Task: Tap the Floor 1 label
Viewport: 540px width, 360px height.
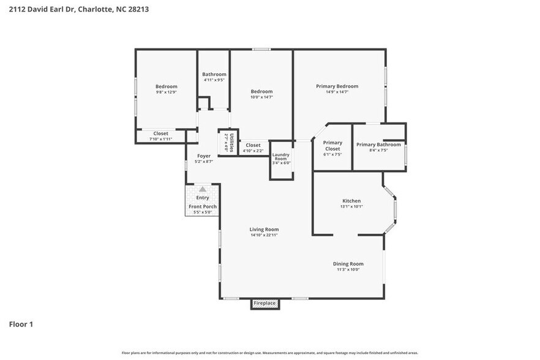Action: click(x=21, y=324)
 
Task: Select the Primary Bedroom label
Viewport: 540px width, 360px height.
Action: click(x=337, y=86)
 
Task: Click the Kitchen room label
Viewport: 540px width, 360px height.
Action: click(x=351, y=201)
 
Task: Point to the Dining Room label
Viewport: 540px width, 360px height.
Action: click(x=348, y=264)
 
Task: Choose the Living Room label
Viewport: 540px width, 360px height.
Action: click(x=264, y=230)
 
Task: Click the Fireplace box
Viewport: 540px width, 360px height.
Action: click(x=264, y=304)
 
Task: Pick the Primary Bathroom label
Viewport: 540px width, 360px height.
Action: click(x=378, y=144)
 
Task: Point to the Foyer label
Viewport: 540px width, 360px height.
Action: click(x=203, y=156)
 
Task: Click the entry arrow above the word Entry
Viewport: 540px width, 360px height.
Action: click(x=202, y=189)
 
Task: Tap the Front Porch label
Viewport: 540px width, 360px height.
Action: click(x=202, y=206)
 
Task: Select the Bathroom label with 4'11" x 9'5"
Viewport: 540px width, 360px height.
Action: click(x=214, y=74)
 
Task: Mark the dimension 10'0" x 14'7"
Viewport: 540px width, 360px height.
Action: click(x=261, y=97)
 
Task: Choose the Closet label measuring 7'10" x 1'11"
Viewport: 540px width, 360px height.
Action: click(x=161, y=133)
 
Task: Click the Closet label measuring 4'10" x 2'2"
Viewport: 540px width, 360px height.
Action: click(x=253, y=145)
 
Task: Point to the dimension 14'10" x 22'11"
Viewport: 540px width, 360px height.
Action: click(x=264, y=235)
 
